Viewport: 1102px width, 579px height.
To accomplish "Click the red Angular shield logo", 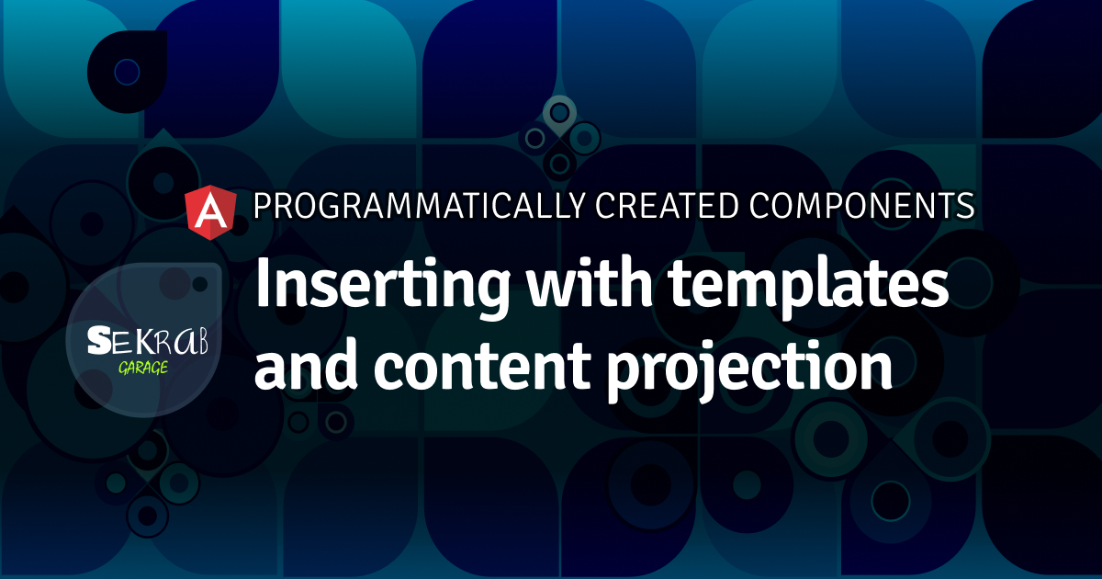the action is point(210,212).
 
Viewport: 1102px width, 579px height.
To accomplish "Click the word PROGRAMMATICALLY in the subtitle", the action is point(419,206).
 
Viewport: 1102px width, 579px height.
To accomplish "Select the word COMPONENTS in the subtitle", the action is point(862,206).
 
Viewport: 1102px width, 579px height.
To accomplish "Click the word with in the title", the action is point(590,283).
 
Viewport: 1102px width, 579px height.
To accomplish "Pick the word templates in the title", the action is point(808,289).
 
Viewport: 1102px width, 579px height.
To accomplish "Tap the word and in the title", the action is point(306,363).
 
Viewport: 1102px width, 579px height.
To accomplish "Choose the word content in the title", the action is point(483,367).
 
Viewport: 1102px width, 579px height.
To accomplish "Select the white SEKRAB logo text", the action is point(148,340).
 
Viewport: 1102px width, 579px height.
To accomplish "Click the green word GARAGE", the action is point(143,368).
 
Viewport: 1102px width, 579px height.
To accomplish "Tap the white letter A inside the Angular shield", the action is point(211,211).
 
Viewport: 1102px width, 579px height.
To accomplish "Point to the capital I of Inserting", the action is point(262,283).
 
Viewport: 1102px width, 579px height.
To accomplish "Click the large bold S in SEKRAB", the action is point(99,340).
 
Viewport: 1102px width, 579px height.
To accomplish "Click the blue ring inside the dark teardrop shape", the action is point(127,72).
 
